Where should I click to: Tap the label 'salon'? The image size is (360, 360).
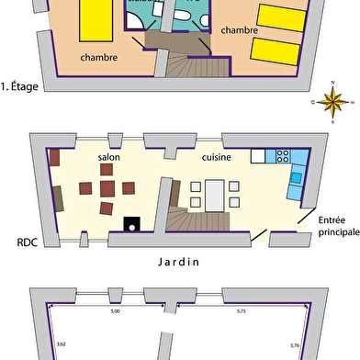[x=110, y=157]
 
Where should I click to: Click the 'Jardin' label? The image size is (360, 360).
[x=179, y=260]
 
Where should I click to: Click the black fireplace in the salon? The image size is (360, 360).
[x=132, y=222]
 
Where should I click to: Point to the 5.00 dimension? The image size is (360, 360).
[x=115, y=312]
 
